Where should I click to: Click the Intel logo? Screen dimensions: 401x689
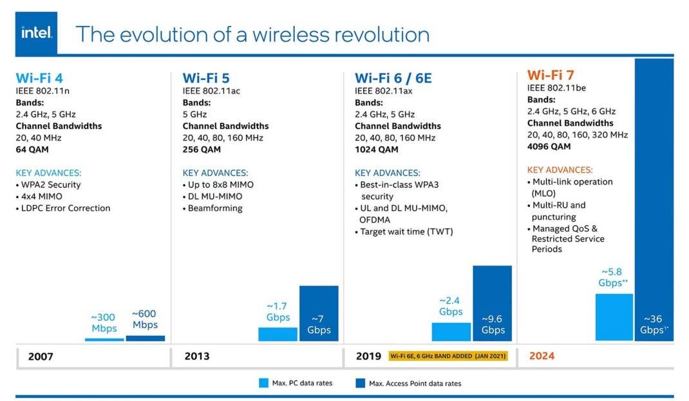pos(36,33)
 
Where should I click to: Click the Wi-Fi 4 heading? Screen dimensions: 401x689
pos(39,78)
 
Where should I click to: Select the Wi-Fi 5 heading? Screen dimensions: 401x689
pos(206,78)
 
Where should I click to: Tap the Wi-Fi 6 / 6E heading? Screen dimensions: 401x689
pos(393,78)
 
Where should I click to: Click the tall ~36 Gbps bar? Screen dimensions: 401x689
pos(654,193)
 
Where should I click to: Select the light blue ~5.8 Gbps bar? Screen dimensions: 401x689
pos(614,317)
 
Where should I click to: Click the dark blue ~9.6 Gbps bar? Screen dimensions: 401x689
pos(492,303)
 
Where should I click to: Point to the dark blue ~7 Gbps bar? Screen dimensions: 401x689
pos(319,313)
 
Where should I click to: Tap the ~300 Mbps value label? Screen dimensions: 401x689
pos(104,323)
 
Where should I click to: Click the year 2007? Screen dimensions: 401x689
pos(41,356)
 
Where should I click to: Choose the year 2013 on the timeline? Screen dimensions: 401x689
pos(196,356)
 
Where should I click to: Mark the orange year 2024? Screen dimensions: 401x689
pos(542,355)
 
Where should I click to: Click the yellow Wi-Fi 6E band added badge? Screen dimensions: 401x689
pos(448,356)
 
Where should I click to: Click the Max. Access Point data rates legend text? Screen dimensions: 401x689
pos(415,384)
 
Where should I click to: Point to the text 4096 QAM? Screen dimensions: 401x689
pos(549,146)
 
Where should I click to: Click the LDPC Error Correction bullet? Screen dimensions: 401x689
pos(66,208)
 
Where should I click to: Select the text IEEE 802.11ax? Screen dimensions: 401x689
pos(383,91)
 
